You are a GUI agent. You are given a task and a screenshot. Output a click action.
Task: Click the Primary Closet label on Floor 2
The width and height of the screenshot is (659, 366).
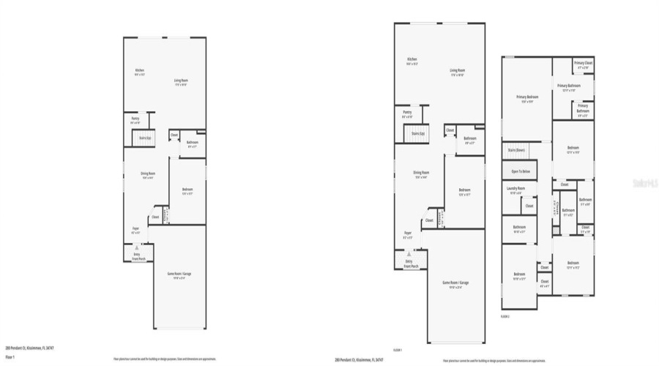(584, 64)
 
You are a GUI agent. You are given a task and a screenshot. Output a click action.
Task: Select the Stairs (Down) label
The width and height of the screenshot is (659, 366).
(516, 150)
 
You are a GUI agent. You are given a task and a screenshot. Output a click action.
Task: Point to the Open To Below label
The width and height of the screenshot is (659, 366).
(521, 171)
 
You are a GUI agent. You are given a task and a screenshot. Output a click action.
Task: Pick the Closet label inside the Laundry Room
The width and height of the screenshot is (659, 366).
(529, 206)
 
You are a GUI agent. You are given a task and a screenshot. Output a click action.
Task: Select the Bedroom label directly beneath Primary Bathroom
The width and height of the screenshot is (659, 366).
(573, 149)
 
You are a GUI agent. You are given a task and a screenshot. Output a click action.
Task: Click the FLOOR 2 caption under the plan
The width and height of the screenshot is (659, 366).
(505, 316)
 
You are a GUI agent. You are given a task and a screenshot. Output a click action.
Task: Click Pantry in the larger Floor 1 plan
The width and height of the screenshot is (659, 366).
(406, 113)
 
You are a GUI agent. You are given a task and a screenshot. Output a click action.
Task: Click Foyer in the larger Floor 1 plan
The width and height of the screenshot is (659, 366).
(407, 236)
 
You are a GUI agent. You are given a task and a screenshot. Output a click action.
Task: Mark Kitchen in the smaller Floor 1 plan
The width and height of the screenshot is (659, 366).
(139, 71)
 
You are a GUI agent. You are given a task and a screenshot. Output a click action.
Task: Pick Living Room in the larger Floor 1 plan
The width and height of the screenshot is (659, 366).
(458, 72)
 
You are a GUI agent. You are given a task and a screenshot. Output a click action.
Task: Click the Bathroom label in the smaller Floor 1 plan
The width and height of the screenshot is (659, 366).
(192, 143)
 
